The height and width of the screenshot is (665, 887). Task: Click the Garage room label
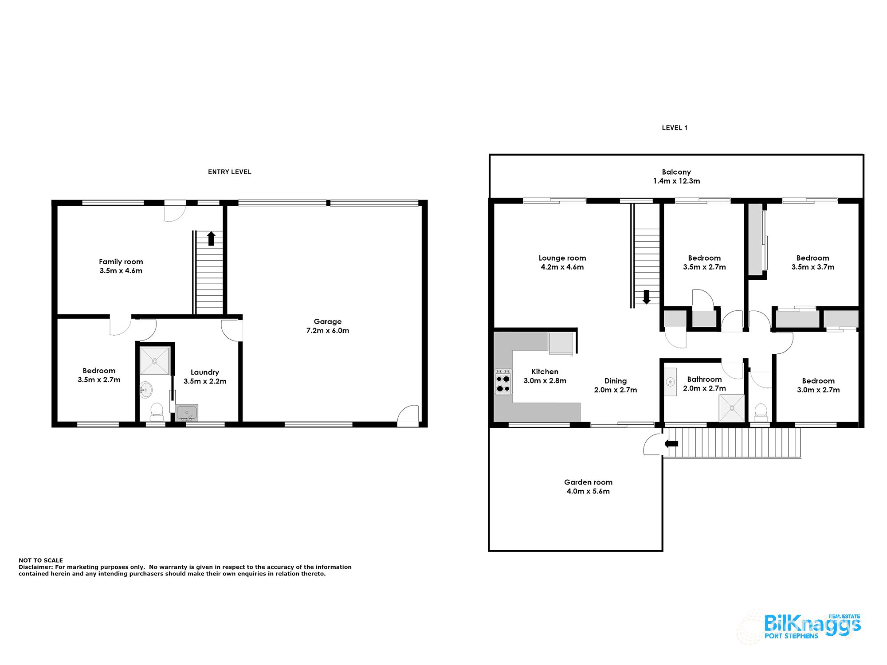coord(327,321)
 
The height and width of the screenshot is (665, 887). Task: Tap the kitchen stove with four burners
coord(503,382)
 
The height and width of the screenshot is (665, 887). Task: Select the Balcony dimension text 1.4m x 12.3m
coord(676,181)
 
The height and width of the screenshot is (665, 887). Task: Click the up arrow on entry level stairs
coord(212,239)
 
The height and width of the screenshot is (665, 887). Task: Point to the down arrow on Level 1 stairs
coord(647,297)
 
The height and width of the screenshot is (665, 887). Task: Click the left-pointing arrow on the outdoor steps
coord(671,444)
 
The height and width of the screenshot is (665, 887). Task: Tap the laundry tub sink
coord(187,413)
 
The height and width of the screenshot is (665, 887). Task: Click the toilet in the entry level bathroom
coord(157,411)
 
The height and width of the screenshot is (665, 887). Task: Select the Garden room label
coord(588,482)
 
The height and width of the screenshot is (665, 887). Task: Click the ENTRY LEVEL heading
coord(229,172)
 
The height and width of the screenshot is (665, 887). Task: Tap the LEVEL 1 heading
coord(674,128)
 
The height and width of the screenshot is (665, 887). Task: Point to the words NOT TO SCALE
coord(41,560)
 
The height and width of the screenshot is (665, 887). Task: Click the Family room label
coord(121,262)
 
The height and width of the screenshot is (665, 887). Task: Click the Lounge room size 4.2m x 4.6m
coord(562,267)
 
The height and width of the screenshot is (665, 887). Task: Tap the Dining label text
coord(615,381)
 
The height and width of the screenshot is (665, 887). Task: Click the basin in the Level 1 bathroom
coord(671,382)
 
